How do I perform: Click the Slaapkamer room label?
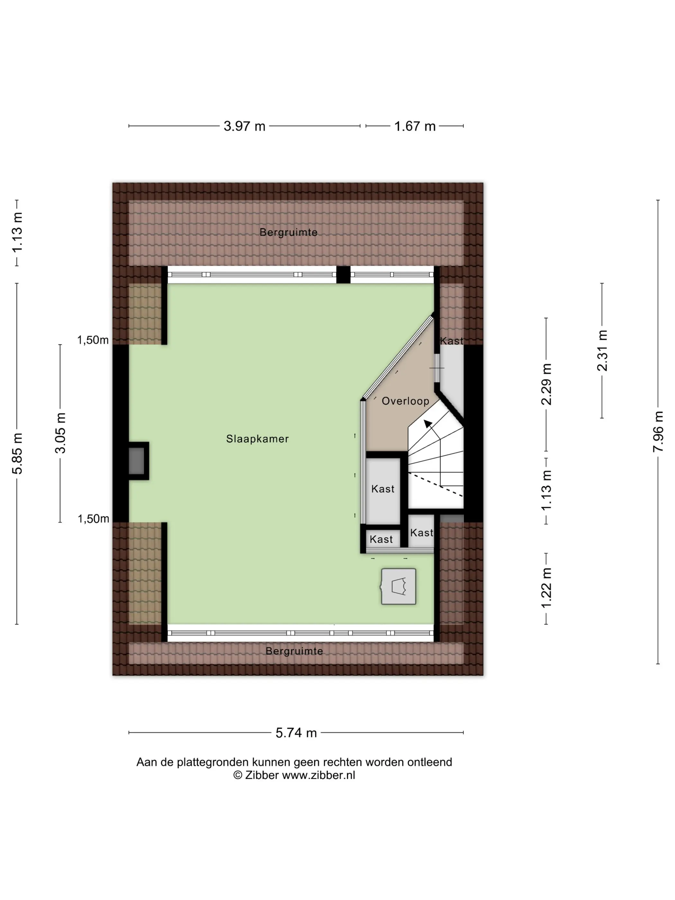coord(257,439)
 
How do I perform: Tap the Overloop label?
coord(405,401)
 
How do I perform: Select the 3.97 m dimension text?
coord(245,126)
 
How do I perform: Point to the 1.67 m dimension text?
coord(415,126)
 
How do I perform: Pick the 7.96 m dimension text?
coord(658,432)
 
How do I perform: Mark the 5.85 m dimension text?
coord(17,454)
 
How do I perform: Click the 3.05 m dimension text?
coord(60,433)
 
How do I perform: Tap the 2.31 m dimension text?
coord(602,350)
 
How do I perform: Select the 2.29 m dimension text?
coord(546,384)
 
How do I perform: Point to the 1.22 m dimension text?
coord(546,588)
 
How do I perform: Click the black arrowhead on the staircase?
coord(428,424)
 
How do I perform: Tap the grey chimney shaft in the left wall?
coord(137,461)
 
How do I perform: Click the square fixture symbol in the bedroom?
coord(398,586)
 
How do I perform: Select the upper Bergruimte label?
coord(288,232)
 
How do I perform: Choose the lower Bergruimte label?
coord(294,651)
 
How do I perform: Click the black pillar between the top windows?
coord(343,274)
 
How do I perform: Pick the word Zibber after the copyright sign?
coord(262,775)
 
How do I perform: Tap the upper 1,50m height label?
coord(93,340)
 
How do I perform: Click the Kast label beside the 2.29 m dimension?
coord(452,341)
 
